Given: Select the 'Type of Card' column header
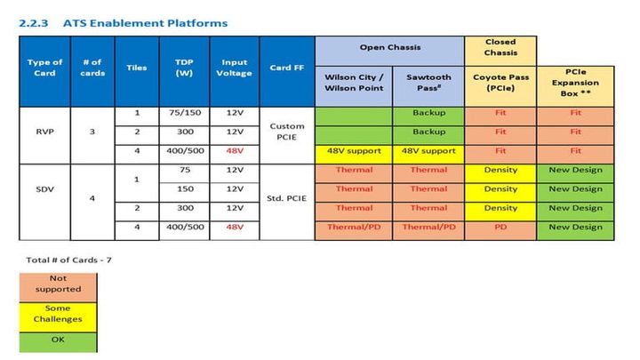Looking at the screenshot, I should point(44,68).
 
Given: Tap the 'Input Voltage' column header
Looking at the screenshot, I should point(235,68).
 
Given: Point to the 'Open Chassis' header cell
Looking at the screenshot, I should point(390,47).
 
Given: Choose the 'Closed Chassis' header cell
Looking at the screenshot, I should point(500,47).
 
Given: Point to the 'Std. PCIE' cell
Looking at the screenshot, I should point(286,199).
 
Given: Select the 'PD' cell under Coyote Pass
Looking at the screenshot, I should point(500,227).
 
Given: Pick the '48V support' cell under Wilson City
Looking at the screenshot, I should point(354,152).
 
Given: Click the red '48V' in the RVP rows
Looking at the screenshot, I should point(235,152).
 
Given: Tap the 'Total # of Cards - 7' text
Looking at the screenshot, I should point(59,260).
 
